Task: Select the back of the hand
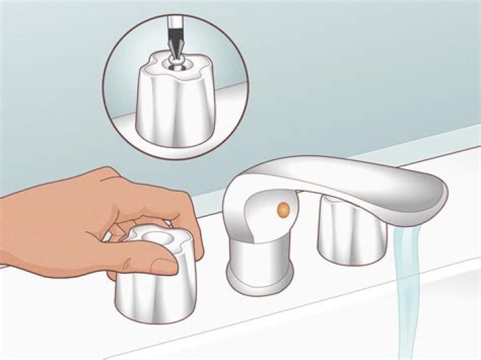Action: coord(60,214)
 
